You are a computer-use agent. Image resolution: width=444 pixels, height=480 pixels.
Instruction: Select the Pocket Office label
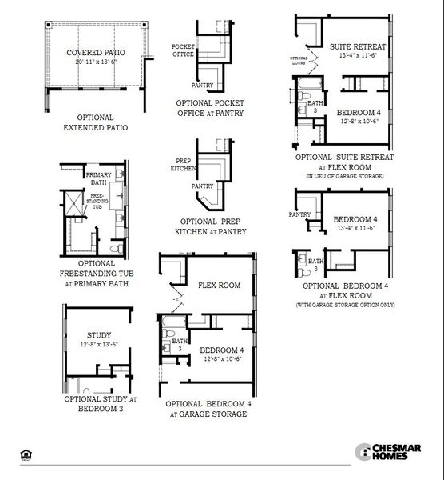click(x=184, y=50)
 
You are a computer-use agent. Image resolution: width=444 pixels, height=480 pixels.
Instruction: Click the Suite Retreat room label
click(x=358, y=47)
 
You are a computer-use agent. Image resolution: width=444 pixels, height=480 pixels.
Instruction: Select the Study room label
click(x=98, y=335)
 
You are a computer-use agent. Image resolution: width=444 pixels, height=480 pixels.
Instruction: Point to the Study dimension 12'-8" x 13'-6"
click(x=99, y=345)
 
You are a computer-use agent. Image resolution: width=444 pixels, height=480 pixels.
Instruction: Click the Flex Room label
click(x=219, y=285)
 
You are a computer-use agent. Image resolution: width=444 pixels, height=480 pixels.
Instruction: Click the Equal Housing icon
click(x=25, y=454)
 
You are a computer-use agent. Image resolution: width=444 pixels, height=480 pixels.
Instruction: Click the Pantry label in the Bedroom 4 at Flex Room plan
click(x=299, y=214)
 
